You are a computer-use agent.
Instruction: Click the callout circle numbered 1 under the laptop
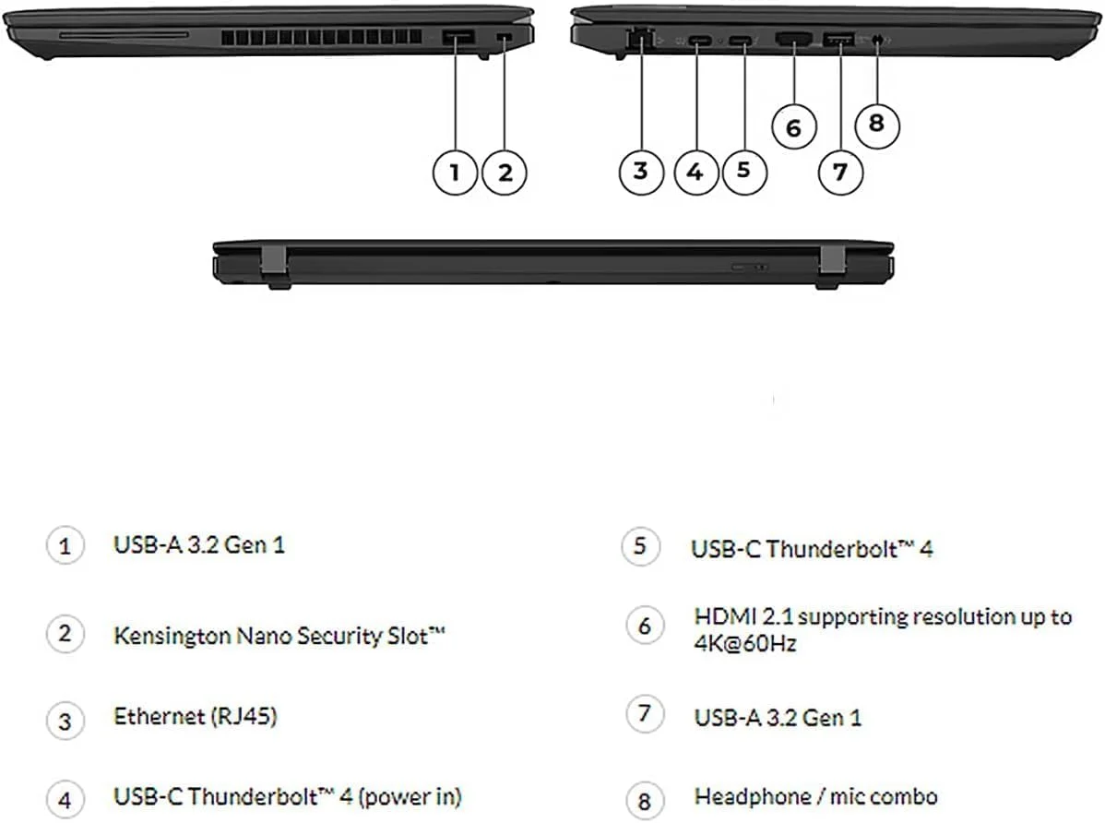click(x=455, y=172)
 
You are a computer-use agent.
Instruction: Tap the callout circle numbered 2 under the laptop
click(x=505, y=172)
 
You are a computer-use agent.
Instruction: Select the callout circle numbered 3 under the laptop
click(x=640, y=172)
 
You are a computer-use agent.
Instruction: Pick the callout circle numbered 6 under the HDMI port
click(x=793, y=126)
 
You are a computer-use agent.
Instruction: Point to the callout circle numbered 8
click(x=876, y=123)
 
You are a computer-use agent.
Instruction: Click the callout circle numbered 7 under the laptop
click(x=840, y=172)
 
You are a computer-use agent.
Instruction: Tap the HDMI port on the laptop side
click(x=793, y=39)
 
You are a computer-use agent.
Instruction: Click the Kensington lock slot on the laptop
click(x=504, y=37)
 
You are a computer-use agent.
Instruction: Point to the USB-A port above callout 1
click(x=457, y=38)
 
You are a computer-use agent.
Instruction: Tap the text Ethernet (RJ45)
click(x=195, y=716)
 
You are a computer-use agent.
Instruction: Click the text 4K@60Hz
click(x=744, y=643)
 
